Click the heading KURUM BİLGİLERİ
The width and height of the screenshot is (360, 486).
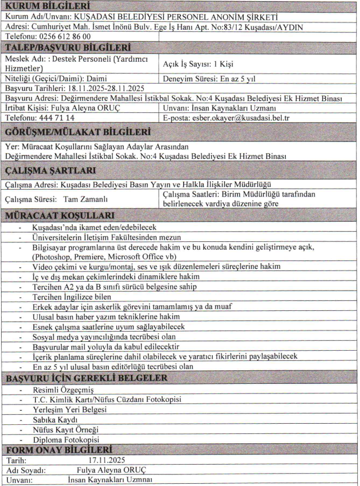(x=38, y=6)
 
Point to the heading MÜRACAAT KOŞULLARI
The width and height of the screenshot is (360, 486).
(x=60, y=216)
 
